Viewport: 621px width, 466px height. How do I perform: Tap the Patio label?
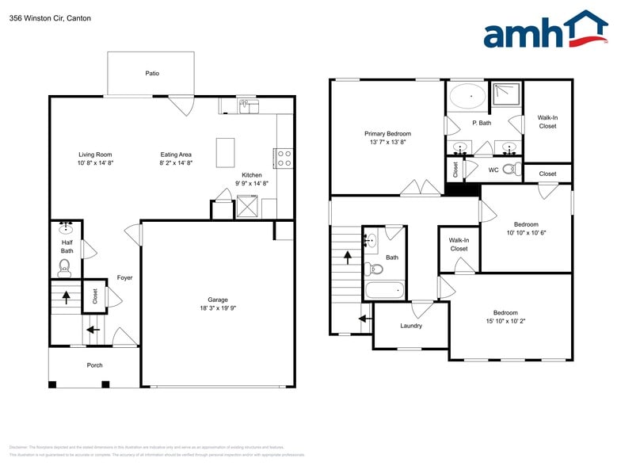tap(152, 73)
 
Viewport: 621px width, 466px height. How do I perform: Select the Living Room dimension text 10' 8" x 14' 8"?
tap(95, 162)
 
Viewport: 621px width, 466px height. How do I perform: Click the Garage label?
tap(218, 300)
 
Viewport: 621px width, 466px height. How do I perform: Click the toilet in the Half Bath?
tap(65, 266)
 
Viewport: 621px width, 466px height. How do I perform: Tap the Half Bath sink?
tap(66, 229)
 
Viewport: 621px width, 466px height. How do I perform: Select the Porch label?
tap(94, 365)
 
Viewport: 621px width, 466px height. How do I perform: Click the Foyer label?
tap(124, 277)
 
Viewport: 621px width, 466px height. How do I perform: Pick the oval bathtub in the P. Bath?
tap(467, 97)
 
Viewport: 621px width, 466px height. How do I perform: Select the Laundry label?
tap(411, 326)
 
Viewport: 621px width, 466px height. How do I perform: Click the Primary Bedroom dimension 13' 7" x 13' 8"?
tap(387, 143)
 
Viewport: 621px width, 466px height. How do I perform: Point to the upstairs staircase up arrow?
tap(347, 257)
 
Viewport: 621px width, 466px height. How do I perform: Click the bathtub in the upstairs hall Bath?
tap(384, 289)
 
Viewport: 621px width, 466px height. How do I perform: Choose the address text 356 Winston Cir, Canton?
tap(39, 17)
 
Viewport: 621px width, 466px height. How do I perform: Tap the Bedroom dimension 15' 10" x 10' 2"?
tap(505, 321)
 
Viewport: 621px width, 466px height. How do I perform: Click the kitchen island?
tap(225, 151)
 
